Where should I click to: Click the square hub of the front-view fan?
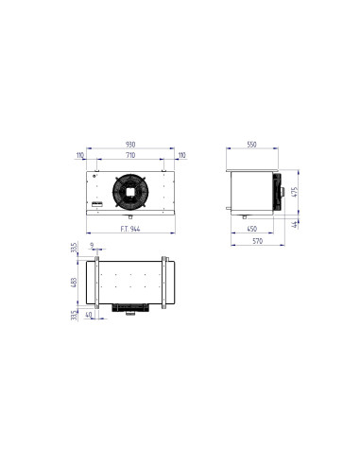click(126, 190)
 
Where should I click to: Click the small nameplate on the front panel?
click(96, 202)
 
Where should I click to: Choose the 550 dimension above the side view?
click(252, 144)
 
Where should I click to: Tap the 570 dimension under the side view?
click(252, 244)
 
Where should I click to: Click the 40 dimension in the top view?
click(89, 314)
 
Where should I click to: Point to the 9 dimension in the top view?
click(91, 246)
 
